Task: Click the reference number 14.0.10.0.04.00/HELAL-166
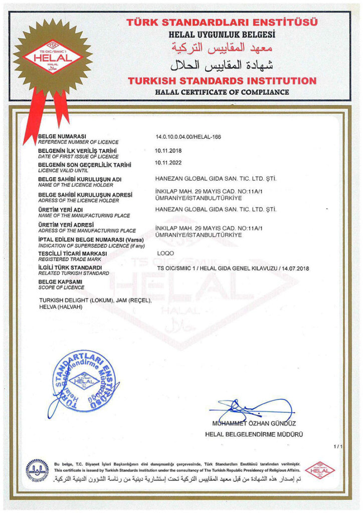[x=189, y=137]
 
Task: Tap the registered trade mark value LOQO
[x=165, y=253]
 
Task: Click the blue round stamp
[x=83, y=381]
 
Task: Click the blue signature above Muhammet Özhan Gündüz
[x=251, y=408]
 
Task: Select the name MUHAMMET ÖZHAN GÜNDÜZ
[x=254, y=424]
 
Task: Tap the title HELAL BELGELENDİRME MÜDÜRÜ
[x=254, y=434]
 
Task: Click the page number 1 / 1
[x=337, y=446]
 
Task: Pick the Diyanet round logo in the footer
[x=37, y=470]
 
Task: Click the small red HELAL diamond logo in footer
[x=320, y=470]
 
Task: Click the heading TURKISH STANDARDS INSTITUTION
[x=222, y=81]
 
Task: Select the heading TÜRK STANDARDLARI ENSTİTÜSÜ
[x=222, y=23]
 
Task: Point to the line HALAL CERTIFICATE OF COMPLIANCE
[x=222, y=92]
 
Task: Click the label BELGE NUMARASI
[x=63, y=136]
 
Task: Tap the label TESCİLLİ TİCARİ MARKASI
[x=73, y=253]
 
